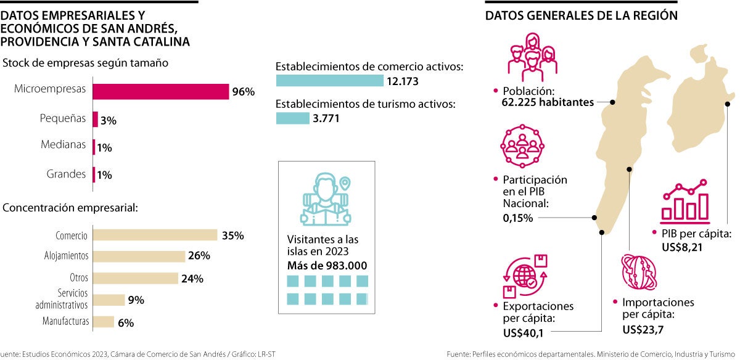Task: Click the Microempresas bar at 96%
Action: [x=160, y=91]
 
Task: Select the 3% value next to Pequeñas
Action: [x=109, y=121]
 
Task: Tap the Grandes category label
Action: [x=66, y=174]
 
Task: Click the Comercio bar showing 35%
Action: [x=155, y=235]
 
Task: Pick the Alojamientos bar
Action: [x=139, y=256]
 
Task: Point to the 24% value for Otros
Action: [x=192, y=279]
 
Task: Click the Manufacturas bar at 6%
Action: [x=104, y=322]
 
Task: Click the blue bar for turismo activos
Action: [x=292, y=118]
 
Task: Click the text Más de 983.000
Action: [x=327, y=266]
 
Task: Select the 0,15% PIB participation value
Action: [x=517, y=218]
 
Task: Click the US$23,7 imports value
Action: [x=643, y=329]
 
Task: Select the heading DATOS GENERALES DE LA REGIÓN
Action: [x=581, y=16]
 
